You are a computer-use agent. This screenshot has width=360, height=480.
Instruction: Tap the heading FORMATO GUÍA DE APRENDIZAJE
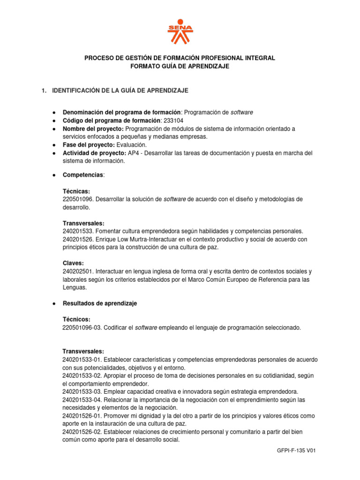(x=180, y=67)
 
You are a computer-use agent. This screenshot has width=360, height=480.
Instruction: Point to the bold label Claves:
(x=73, y=263)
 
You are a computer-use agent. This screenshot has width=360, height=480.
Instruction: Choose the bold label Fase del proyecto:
(x=89, y=145)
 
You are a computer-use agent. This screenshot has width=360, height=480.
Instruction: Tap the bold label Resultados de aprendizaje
(x=100, y=303)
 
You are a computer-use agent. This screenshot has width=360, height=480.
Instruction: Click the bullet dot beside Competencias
(x=55, y=175)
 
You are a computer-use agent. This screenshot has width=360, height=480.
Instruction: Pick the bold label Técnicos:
(x=76, y=320)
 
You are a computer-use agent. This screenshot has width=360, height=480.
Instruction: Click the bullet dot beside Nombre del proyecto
(x=55, y=129)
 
